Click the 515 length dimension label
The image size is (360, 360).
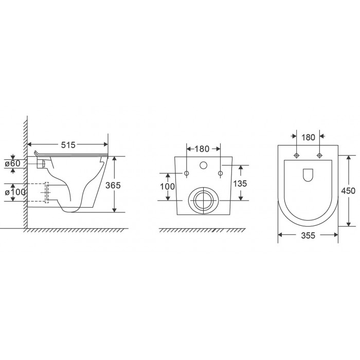pos(68,145)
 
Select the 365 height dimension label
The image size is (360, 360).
pos(113,185)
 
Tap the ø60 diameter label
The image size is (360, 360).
pos(13,164)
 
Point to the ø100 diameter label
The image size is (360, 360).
pos(15,192)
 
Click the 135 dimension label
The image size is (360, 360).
pos(240,184)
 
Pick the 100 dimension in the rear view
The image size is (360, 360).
pos(167,186)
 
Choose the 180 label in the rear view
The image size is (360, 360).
pos(202,149)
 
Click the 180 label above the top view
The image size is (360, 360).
pos(308,137)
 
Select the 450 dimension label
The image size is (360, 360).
pos(348,191)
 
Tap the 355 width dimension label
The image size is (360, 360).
pos(308,236)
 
